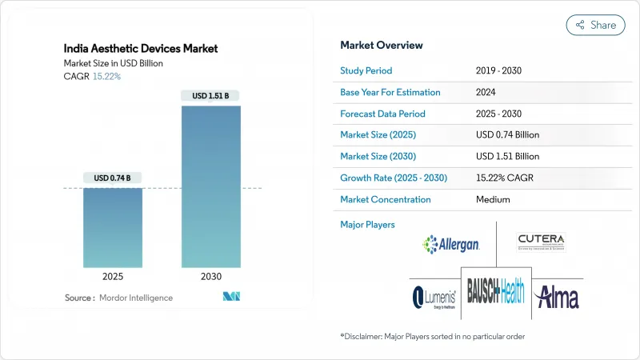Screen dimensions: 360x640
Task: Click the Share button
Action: pyautogui.click(x=595, y=25)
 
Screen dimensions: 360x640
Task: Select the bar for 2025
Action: pyautogui.click(x=113, y=227)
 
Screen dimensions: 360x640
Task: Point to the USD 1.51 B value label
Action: pyautogui.click(x=210, y=96)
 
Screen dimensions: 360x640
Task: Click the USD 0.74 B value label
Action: pyautogui.click(x=113, y=177)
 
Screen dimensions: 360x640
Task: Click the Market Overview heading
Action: pyautogui.click(x=382, y=46)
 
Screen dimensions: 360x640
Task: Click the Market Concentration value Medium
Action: pyautogui.click(x=493, y=199)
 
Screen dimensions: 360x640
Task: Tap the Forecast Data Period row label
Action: pyautogui.click(x=382, y=114)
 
